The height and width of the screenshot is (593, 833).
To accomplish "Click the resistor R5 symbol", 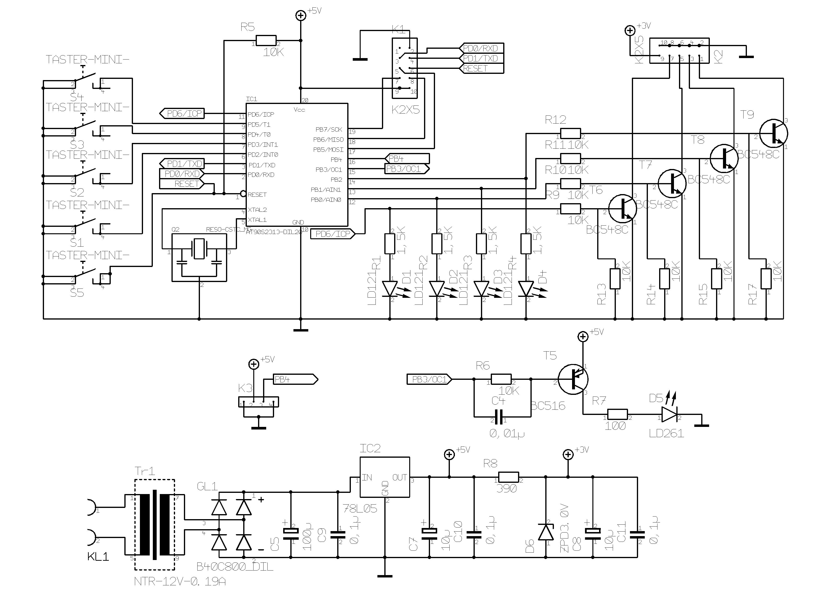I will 266,41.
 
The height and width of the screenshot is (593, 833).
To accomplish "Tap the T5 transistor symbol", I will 573,379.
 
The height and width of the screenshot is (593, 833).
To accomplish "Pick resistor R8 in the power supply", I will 508,477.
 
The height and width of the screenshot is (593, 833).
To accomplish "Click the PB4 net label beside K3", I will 295,379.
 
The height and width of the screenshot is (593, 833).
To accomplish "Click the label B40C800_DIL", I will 235,566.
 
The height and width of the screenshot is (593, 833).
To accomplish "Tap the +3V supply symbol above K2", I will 630,31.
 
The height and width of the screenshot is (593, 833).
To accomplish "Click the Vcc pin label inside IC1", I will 299,109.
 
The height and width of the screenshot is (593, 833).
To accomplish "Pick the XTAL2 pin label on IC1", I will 257,210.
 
